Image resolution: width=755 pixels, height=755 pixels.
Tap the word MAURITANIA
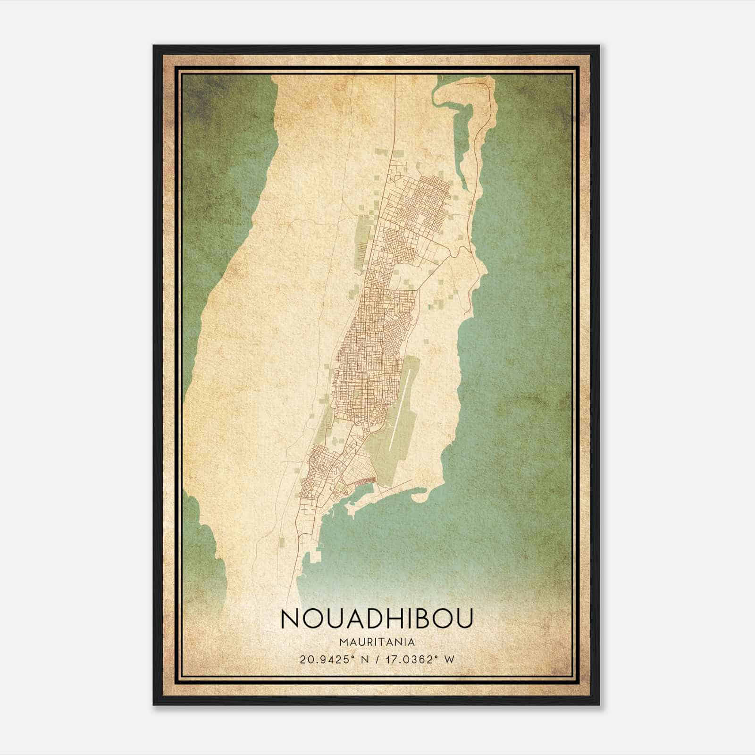tap(377, 642)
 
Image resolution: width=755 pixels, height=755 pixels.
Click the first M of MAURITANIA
tap(342, 642)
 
